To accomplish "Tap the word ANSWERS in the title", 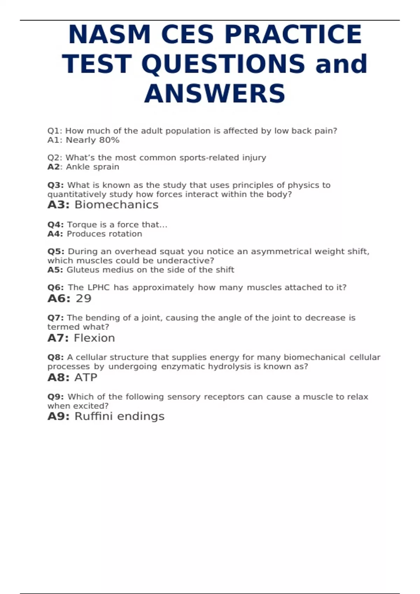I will [x=215, y=94].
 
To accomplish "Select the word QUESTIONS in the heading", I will [x=223, y=64].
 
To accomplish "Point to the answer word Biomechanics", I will [x=117, y=204].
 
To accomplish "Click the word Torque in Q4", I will [x=80, y=225].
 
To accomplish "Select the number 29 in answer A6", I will [x=83, y=298].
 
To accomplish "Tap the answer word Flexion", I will [x=94, y=338].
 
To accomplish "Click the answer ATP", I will [x=86, y=377].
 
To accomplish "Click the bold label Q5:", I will [x=56, y=252].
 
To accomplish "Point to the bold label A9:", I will [x=58, y=416].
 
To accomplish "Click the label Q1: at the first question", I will [x=55, y=131].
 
